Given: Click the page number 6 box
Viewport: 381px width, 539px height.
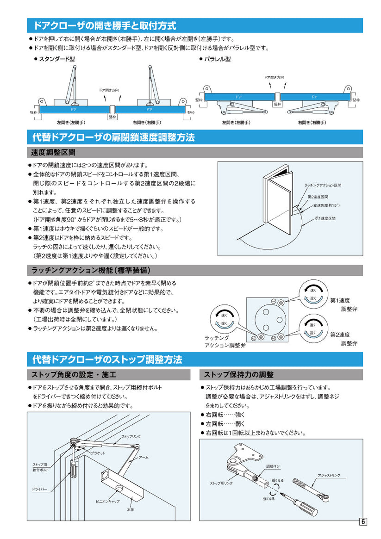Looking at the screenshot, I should (x=363, y=522).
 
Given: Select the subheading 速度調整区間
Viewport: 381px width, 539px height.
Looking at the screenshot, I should (x=53, y=152).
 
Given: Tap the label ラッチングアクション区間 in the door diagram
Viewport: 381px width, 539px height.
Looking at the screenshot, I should (x=323, y=185).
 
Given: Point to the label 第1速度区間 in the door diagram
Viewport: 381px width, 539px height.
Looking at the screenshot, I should (x=325, y=217).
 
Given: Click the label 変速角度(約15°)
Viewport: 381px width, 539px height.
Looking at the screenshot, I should (x=326, y=205).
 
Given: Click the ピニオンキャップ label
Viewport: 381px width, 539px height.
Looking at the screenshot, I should (x=107, y=501).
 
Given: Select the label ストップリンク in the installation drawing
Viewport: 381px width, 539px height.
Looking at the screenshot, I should (x=131, y=436).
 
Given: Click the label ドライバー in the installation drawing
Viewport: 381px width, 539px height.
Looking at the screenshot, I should (x=39, y=489).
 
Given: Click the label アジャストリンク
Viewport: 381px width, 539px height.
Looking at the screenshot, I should (x=329, y=475).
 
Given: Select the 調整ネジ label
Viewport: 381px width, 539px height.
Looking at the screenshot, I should (x=273, y=466).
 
